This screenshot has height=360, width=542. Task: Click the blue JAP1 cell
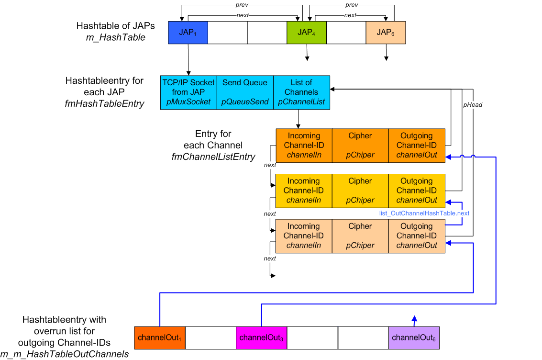tap(188, 33)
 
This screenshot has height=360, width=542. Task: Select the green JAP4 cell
tap(306, 33)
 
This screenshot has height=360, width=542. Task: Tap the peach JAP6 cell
tap(386, 33)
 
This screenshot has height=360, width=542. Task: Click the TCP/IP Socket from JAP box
tap(188, 92)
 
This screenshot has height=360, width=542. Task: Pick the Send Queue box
tap(245, 92)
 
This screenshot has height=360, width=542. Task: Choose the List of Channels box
tap(301, 92)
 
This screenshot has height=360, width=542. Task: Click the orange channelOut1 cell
tap(160, 337)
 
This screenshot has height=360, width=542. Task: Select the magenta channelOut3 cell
tap(261, 337)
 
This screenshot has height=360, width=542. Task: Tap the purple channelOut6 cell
tap(414, 337)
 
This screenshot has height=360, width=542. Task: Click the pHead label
tap(472, 104)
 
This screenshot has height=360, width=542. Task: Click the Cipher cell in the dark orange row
tap(360, 145)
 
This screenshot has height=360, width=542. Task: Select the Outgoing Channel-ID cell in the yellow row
tap(417, 191)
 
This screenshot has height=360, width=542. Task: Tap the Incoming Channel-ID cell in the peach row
tap(304, 236)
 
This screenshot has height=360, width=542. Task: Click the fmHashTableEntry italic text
tap(104, 103)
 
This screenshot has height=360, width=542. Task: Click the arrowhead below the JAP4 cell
tap(307, 59)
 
